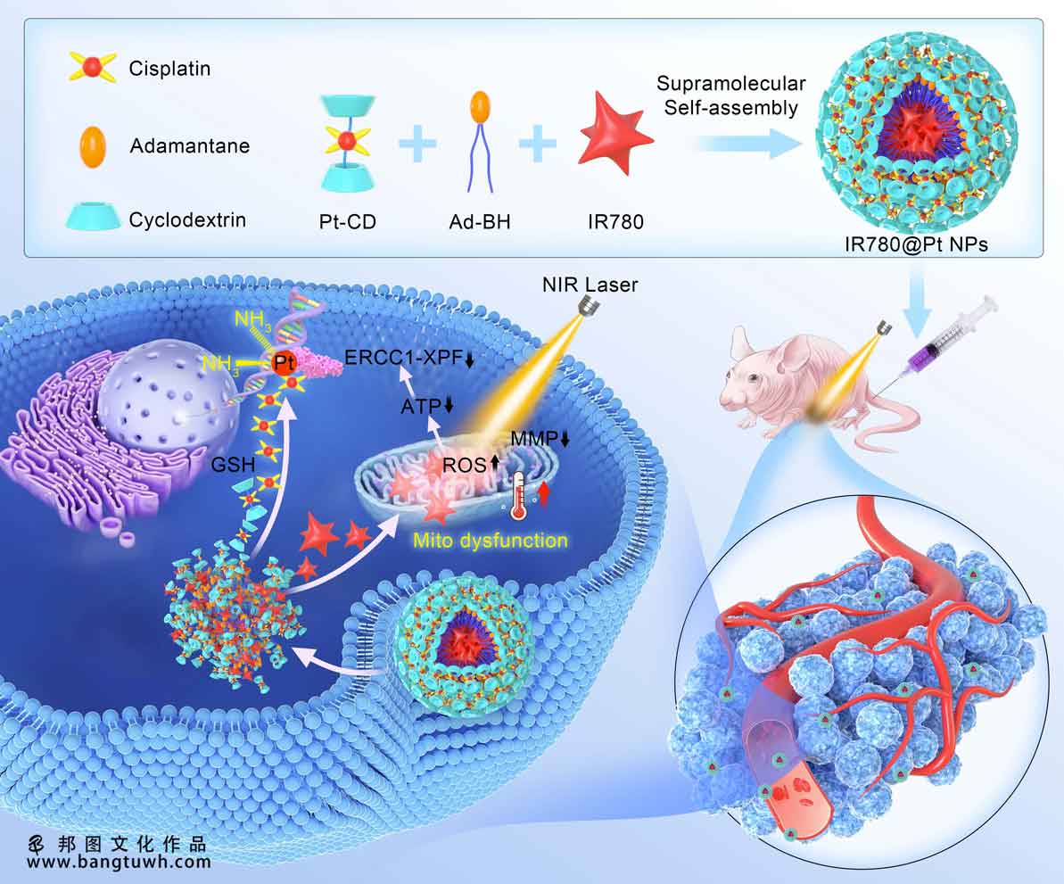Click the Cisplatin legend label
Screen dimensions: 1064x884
tap(169, 69)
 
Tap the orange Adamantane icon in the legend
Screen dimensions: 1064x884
tap(93, 146)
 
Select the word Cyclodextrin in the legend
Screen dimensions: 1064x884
tap(187, 219)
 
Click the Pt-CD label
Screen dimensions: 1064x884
tap(348, 222)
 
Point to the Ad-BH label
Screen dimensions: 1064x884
tap(480, 222)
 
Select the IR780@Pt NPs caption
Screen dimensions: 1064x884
tap(916, 244)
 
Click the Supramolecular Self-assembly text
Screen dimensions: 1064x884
tap(730, 95)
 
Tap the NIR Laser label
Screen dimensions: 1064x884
tap(590, 285)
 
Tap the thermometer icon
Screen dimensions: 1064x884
tap(519, 497)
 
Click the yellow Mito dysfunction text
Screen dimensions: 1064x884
tap(490, 541)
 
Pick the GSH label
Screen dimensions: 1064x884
tap(233, 465)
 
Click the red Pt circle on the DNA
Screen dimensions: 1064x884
tap(284, 364)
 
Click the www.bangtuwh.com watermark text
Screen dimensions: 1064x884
tap(119, 863)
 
